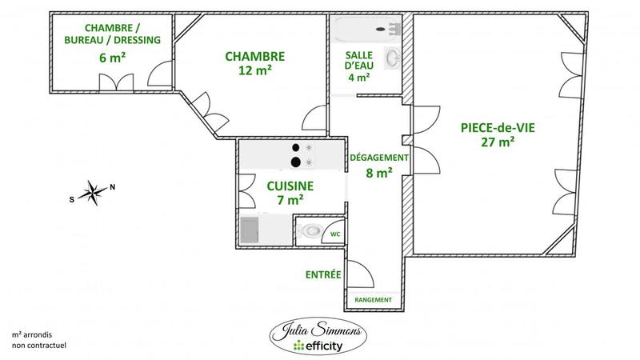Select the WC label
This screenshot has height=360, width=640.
pyautogui.click(x=336, y=234)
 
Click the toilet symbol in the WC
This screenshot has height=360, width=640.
pyautogui.click(x=310, y=232)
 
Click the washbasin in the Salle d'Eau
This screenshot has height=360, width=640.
pyautogui.click(x=392, y=58)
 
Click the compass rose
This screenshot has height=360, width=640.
pyautogui.click(x=94, y=191)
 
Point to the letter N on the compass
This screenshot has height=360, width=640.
pyautogui.click(x=112, y=187)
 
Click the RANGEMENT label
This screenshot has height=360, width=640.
pyautogui.click(x=374, y=299)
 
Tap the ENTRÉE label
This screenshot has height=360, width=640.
pyautogui.click(x=323, y=274)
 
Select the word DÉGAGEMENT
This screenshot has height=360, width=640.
pyautogui.click(x=379, y=158)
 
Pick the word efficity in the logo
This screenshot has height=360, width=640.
pyautogui.click(x=326, y=346)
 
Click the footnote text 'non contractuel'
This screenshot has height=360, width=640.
pyautogui.click(x=39, y=345)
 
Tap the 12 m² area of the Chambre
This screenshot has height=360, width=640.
pyautogui.click(x=254, y=70)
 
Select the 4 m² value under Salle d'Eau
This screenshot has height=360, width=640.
pyautogui.click(x=358, y=78)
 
